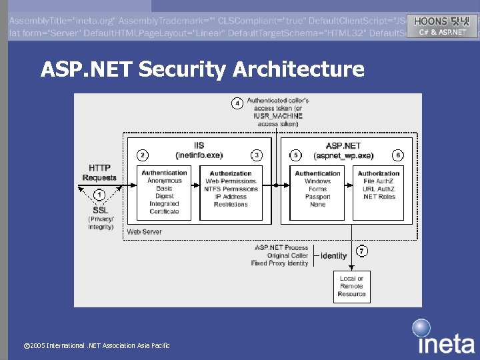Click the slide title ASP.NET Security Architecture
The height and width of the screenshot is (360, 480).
pos(202,69)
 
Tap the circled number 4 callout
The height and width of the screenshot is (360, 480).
pos(236,103)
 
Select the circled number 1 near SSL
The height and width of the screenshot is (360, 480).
pos(99,195)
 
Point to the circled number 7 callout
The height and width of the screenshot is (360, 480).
pos(361,251)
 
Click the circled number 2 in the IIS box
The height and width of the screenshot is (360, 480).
pos(142,155)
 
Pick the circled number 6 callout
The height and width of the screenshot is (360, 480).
pos(398,155)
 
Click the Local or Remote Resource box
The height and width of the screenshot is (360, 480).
pos(351,286)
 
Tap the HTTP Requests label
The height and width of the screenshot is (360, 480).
pos(99,173)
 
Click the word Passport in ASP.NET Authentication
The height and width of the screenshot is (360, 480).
pos(317,197)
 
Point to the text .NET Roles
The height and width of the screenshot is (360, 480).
pos(378,197)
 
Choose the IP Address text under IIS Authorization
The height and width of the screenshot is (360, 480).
pos(231,197)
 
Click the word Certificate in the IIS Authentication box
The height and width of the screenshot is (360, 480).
pos(164,211)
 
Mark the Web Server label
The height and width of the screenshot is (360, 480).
pos(144,231)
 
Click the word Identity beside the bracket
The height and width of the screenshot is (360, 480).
pos(333,256)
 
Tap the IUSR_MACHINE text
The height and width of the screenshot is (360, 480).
pos(277,116)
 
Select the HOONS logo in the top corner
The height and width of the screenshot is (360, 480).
pos(442,26)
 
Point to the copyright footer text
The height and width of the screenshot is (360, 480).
pos(97,345)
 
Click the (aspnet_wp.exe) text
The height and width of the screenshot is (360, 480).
pos(343,155)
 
